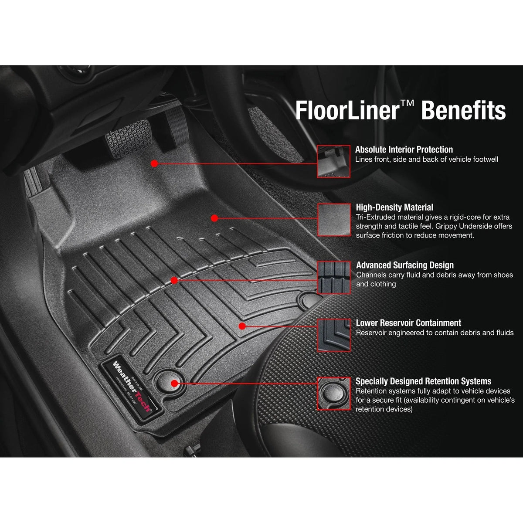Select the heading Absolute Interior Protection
404,149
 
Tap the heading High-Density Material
394,207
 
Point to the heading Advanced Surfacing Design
405,265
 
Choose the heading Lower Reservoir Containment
408,323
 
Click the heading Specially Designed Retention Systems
423,381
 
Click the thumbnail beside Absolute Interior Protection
333,161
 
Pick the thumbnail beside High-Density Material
333,219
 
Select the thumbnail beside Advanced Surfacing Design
333,277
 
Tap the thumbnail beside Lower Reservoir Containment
333,335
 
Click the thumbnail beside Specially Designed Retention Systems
333,393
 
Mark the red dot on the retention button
174,383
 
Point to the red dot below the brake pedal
154,163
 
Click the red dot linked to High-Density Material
214,217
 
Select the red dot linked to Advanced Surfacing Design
174,281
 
